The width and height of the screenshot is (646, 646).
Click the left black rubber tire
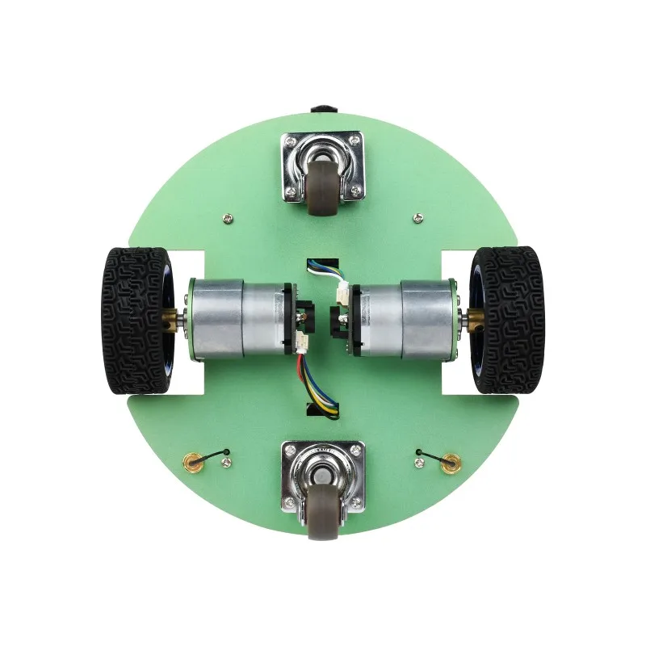[x=133, y=321]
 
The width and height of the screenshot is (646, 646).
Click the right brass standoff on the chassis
[x=451, y=463]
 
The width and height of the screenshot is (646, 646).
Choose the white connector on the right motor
[x=343, y=294]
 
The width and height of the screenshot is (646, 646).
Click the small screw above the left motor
[x=229, y=216]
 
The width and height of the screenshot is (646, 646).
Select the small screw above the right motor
[x=417, y=216]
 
